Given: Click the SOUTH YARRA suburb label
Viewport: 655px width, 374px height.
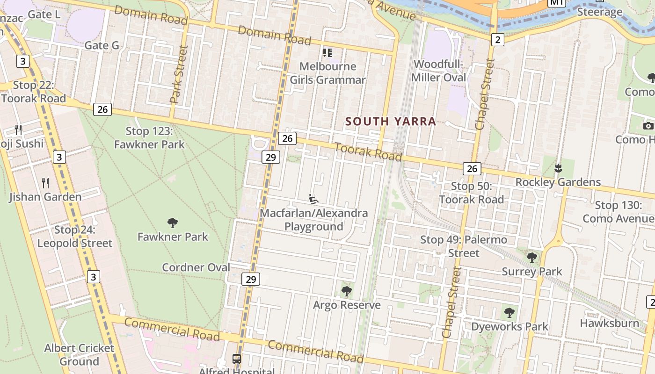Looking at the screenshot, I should coord(391,122).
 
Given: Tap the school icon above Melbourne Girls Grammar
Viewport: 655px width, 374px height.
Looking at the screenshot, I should coord(327,52).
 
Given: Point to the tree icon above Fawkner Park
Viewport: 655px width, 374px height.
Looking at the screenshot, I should coord(172,223).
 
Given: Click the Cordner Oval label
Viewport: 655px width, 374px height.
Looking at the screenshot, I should coord(196,267).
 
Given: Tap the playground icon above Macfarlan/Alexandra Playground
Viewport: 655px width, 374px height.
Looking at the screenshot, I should coord(313,199).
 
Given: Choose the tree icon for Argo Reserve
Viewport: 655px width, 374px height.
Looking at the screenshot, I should coord(346,291).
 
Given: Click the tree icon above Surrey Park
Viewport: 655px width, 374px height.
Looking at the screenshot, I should coord(531,257).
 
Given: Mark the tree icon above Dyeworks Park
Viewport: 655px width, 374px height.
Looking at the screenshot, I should coord(509,312).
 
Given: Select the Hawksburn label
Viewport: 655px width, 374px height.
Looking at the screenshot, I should coord(609,323).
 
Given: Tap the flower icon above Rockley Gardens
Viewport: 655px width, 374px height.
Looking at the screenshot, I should coord(558,168).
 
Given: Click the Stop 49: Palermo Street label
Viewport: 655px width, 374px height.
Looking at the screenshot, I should coord(464,246).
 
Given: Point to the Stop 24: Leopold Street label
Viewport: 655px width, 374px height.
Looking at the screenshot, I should coord(75,237).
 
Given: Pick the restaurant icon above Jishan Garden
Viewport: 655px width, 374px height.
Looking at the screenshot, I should coord(45,183).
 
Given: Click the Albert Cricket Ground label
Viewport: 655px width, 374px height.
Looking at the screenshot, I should coord(79,355).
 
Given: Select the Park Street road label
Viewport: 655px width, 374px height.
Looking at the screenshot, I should coord(178,74).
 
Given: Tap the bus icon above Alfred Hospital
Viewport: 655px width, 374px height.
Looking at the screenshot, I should coord(237,359).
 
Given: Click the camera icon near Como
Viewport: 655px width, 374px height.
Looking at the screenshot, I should coord(648,125).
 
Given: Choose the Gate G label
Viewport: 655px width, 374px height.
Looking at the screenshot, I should coord(102,45).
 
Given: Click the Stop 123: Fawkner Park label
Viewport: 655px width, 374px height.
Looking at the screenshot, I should coord(149,138).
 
